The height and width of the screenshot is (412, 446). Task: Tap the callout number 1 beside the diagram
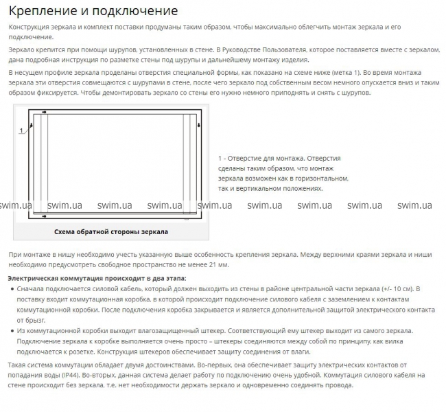click(21, 130)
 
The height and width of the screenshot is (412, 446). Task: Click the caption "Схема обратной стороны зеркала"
click(110, 231)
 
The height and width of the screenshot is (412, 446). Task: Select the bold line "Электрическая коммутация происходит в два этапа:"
click(97, 278)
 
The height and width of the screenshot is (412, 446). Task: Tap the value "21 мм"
click(218, 264)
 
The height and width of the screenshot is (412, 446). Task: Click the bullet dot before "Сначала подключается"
click(12, 289)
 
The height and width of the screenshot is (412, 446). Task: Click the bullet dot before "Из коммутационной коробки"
click(12, 331)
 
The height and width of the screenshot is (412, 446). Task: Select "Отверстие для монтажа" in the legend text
click(267, 158)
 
